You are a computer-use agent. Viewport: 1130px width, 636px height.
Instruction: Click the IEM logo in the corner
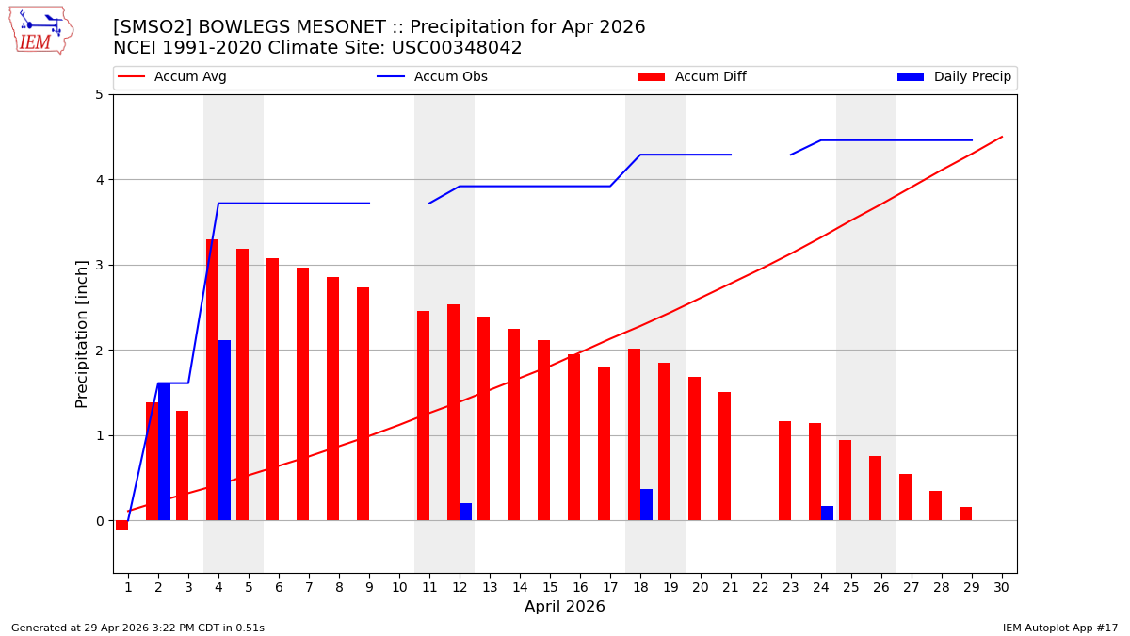coord(41,30)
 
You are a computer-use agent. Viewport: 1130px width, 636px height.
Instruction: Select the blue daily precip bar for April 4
coord(224,430)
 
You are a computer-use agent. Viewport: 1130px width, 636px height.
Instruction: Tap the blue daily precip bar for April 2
coord(164,451)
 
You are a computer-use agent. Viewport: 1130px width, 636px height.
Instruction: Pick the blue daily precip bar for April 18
coord(646,505)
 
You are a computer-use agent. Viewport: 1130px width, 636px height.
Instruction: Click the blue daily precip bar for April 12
coord(465,512)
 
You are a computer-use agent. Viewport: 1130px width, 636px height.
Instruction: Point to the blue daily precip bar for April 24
coord(827,514)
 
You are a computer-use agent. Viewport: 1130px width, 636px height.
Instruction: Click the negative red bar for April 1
coord(121,525)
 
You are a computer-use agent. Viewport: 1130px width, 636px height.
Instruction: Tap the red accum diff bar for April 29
coord(965,514)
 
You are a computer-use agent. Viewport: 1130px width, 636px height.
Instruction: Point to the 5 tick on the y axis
coord(99,94)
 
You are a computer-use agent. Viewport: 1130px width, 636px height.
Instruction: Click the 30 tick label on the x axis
coord(1002,587)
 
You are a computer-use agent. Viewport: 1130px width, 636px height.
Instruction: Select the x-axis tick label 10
coord(399,587)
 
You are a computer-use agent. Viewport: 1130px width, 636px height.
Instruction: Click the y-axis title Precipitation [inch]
coord(82,334)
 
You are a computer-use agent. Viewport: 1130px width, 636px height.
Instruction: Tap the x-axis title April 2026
coord(565,607)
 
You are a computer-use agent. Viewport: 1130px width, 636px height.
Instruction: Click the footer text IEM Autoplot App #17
coord(1059,628)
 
